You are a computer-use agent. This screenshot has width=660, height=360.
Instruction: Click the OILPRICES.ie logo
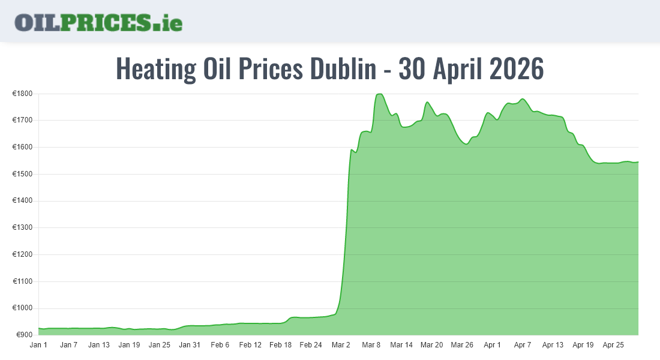(98, 22)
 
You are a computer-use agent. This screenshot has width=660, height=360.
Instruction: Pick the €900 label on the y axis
(23, 335)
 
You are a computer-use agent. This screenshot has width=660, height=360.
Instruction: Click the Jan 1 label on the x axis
(38, 345)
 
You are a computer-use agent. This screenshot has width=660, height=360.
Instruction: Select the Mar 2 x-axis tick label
(341, 345)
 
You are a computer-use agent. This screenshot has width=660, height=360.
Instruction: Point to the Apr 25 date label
(613, 345)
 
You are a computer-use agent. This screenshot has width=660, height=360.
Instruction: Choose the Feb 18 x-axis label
(280, 345)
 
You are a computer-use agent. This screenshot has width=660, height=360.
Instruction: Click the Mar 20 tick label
(431, 345)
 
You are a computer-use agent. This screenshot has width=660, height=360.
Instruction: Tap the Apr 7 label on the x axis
(523, 345)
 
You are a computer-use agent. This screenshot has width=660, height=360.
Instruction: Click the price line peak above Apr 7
(523, 99)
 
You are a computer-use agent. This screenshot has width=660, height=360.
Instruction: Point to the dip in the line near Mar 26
(466, 144)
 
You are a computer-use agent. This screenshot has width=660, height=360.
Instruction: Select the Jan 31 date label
(190, 345)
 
